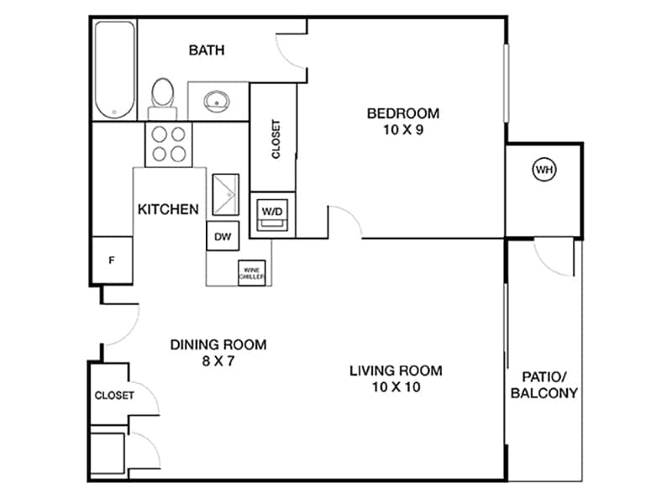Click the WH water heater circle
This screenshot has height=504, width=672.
[544, 171]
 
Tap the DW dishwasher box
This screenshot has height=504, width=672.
[223, 236]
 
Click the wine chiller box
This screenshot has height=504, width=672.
[253, 272]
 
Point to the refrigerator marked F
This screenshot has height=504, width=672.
[111, 260]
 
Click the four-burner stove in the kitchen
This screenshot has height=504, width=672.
[166, 143]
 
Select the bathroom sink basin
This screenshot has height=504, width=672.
[217, 102]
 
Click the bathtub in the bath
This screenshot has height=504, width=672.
[115, 70]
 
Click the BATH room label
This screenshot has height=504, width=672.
[206, 50]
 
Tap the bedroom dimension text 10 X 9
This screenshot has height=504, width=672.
[403, 130]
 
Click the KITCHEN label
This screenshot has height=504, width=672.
[168, 209]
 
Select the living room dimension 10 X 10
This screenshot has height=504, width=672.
[396, 387]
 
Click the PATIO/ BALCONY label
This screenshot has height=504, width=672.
[544, 385]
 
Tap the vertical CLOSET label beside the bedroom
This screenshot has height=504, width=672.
[276, 139]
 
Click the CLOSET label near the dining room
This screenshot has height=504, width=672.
[113, 396]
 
